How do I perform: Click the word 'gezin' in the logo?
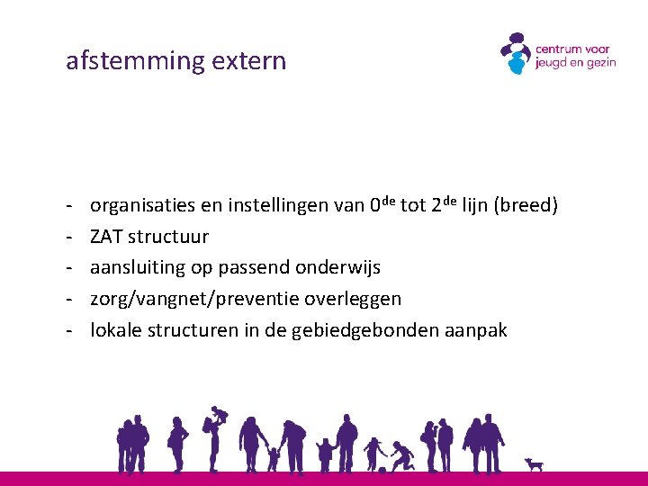click(x=599, y=63)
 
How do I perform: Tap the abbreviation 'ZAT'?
click(x=106, y=237)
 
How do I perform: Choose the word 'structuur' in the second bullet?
click(x=168, y=237)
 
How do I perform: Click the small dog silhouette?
click(x=535, y=464)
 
